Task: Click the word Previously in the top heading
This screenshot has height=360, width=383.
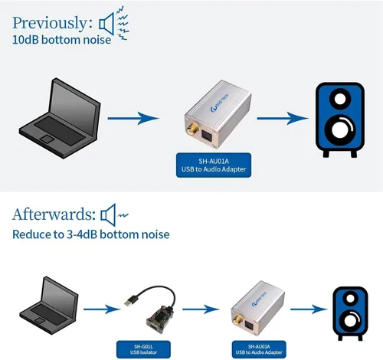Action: [50, 23]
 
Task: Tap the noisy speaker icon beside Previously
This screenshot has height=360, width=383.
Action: [114, 24]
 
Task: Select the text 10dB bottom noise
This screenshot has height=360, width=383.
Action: [61, 40]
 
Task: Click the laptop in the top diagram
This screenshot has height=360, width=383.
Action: [60, 118]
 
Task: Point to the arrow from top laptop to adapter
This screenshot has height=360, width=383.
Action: [133, 118]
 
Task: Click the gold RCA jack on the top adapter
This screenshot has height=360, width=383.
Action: [192, 129]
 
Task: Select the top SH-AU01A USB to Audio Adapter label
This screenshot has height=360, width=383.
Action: [214, 165]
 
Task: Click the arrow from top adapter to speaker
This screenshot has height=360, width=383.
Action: [283, 118]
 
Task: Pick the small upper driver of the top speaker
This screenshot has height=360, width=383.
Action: [340, 99]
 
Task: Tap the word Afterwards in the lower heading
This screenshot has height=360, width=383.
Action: [54, 214]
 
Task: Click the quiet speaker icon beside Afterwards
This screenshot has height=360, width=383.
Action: [114, 215]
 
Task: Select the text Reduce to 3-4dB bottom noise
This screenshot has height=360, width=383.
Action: [91, 234]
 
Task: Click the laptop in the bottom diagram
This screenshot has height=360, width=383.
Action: [49, 306]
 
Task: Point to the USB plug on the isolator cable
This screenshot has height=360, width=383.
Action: [131, 300]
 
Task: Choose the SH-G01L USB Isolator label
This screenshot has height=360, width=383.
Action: [143, 349]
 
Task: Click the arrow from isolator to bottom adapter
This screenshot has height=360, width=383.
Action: [201, 309]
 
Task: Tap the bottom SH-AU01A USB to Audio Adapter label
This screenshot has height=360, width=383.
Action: [259, 349]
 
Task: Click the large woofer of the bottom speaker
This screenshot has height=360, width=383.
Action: [351, 319]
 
